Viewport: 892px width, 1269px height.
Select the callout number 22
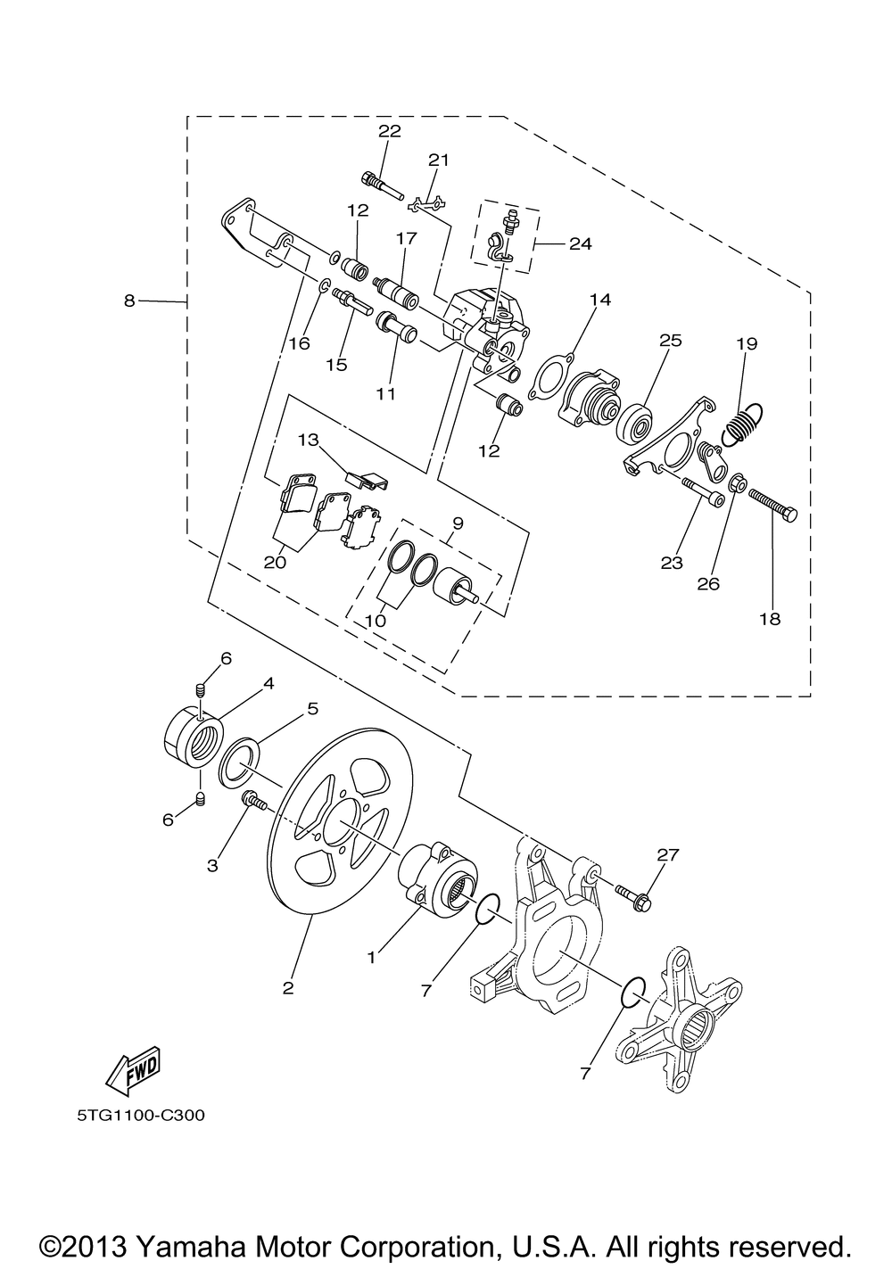(x=390, y=131)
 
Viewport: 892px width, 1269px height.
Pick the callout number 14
(x=599, y=301)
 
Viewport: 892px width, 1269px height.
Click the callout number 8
(x=131, y=301)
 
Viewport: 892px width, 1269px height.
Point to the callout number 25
(x=670, y=340)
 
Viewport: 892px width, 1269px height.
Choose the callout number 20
(x=275, y=562)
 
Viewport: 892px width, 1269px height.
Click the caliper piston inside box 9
(x=455, y=586)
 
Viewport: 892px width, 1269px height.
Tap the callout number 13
(x=308, y=440)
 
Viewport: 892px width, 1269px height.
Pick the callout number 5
(x=312, y=709)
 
